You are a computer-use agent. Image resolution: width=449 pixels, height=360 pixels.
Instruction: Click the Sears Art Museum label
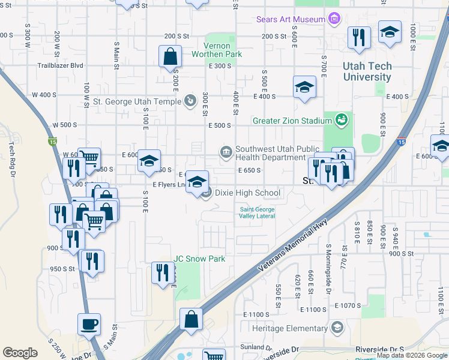pos(291,19)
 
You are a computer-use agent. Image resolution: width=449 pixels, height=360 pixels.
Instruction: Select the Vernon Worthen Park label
pos(217,49)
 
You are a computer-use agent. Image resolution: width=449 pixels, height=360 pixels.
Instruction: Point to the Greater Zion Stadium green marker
pos(342,120)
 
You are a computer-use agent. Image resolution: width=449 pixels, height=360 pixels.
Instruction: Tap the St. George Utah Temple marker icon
pos(190,100)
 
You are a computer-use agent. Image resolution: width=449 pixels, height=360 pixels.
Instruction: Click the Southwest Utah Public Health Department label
pos(270,153)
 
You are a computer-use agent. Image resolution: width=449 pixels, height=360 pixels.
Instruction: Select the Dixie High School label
pos(247,193)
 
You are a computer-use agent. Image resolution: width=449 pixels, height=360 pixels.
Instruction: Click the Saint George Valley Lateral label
pos(258,212)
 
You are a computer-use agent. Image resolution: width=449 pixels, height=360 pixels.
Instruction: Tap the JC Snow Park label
pos(199,259)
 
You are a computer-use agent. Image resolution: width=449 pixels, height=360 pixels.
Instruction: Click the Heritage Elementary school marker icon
pos(337,328)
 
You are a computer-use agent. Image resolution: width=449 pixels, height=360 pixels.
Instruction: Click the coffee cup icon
pos(89,325)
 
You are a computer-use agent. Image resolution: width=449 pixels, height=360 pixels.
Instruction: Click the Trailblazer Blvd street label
pos(60,65)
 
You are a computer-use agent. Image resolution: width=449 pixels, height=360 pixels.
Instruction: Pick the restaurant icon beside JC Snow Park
pos(163,273)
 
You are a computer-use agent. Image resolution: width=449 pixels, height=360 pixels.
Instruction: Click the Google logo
pos(20,353)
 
